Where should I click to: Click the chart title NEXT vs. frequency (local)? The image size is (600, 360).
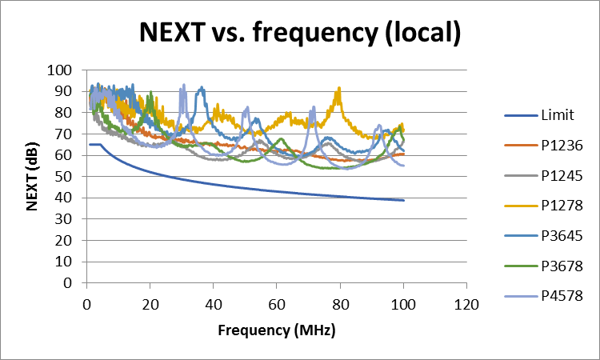pyautogui.click(x=300, y=33)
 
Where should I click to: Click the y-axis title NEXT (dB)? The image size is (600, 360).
pyautogui.click(x=33, y=176)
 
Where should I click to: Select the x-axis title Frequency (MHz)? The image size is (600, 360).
pyautogui.click(x=276, y=330)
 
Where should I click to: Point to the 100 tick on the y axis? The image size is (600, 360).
pyautogui.click(x=62, y=70)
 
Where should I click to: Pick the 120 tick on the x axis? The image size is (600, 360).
pyautogui.click(x=466, y=304)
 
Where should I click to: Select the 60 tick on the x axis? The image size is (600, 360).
pyautogui.click(x=276, y=304)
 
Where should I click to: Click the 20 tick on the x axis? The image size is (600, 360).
pyautogui.click(x=150, y=304)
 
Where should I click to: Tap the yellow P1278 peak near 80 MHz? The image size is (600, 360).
pyautogui.click(x=339, y=89)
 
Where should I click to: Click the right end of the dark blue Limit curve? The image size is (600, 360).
pyautogui.click(x=403, y=200)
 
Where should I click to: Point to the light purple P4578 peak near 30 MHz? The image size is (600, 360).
pyautogui.click(x=184, y=86)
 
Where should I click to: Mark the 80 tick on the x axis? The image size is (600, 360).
pyautogui.click(x=340, y=304)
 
